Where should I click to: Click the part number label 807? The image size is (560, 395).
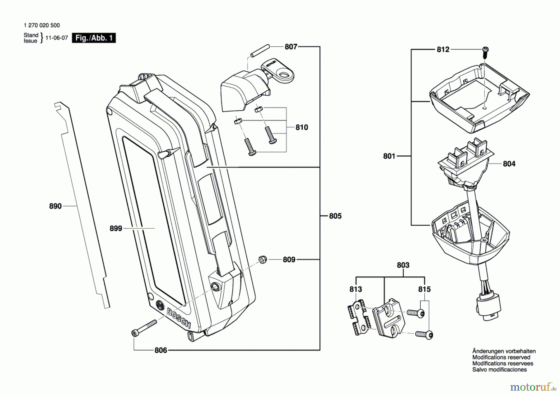(x=291, y=47)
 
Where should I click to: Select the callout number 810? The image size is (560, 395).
(x=301, y=127)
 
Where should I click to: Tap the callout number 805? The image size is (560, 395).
(x=335, y=216)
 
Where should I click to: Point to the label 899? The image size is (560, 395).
(x=116, y=228)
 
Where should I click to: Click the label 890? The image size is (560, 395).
(x=55, y=206)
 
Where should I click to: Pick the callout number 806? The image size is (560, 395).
(x=161, y=350)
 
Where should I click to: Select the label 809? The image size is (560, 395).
(x=289, y=260)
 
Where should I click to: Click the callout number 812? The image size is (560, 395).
(x=443, y=49)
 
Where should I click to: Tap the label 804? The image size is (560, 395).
(x=509, y=163)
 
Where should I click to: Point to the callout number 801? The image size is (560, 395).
(x=389, y=156)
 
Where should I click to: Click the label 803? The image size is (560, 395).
(x=403, y=265)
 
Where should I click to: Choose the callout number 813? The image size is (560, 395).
(x=356, y=289)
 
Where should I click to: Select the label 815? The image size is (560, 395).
(x=424, y=289)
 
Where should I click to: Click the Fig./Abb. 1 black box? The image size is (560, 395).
(x=94, y=38)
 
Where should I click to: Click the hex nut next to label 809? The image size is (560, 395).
(x=263, y=260)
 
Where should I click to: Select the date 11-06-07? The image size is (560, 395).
(x=57, y=38)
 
